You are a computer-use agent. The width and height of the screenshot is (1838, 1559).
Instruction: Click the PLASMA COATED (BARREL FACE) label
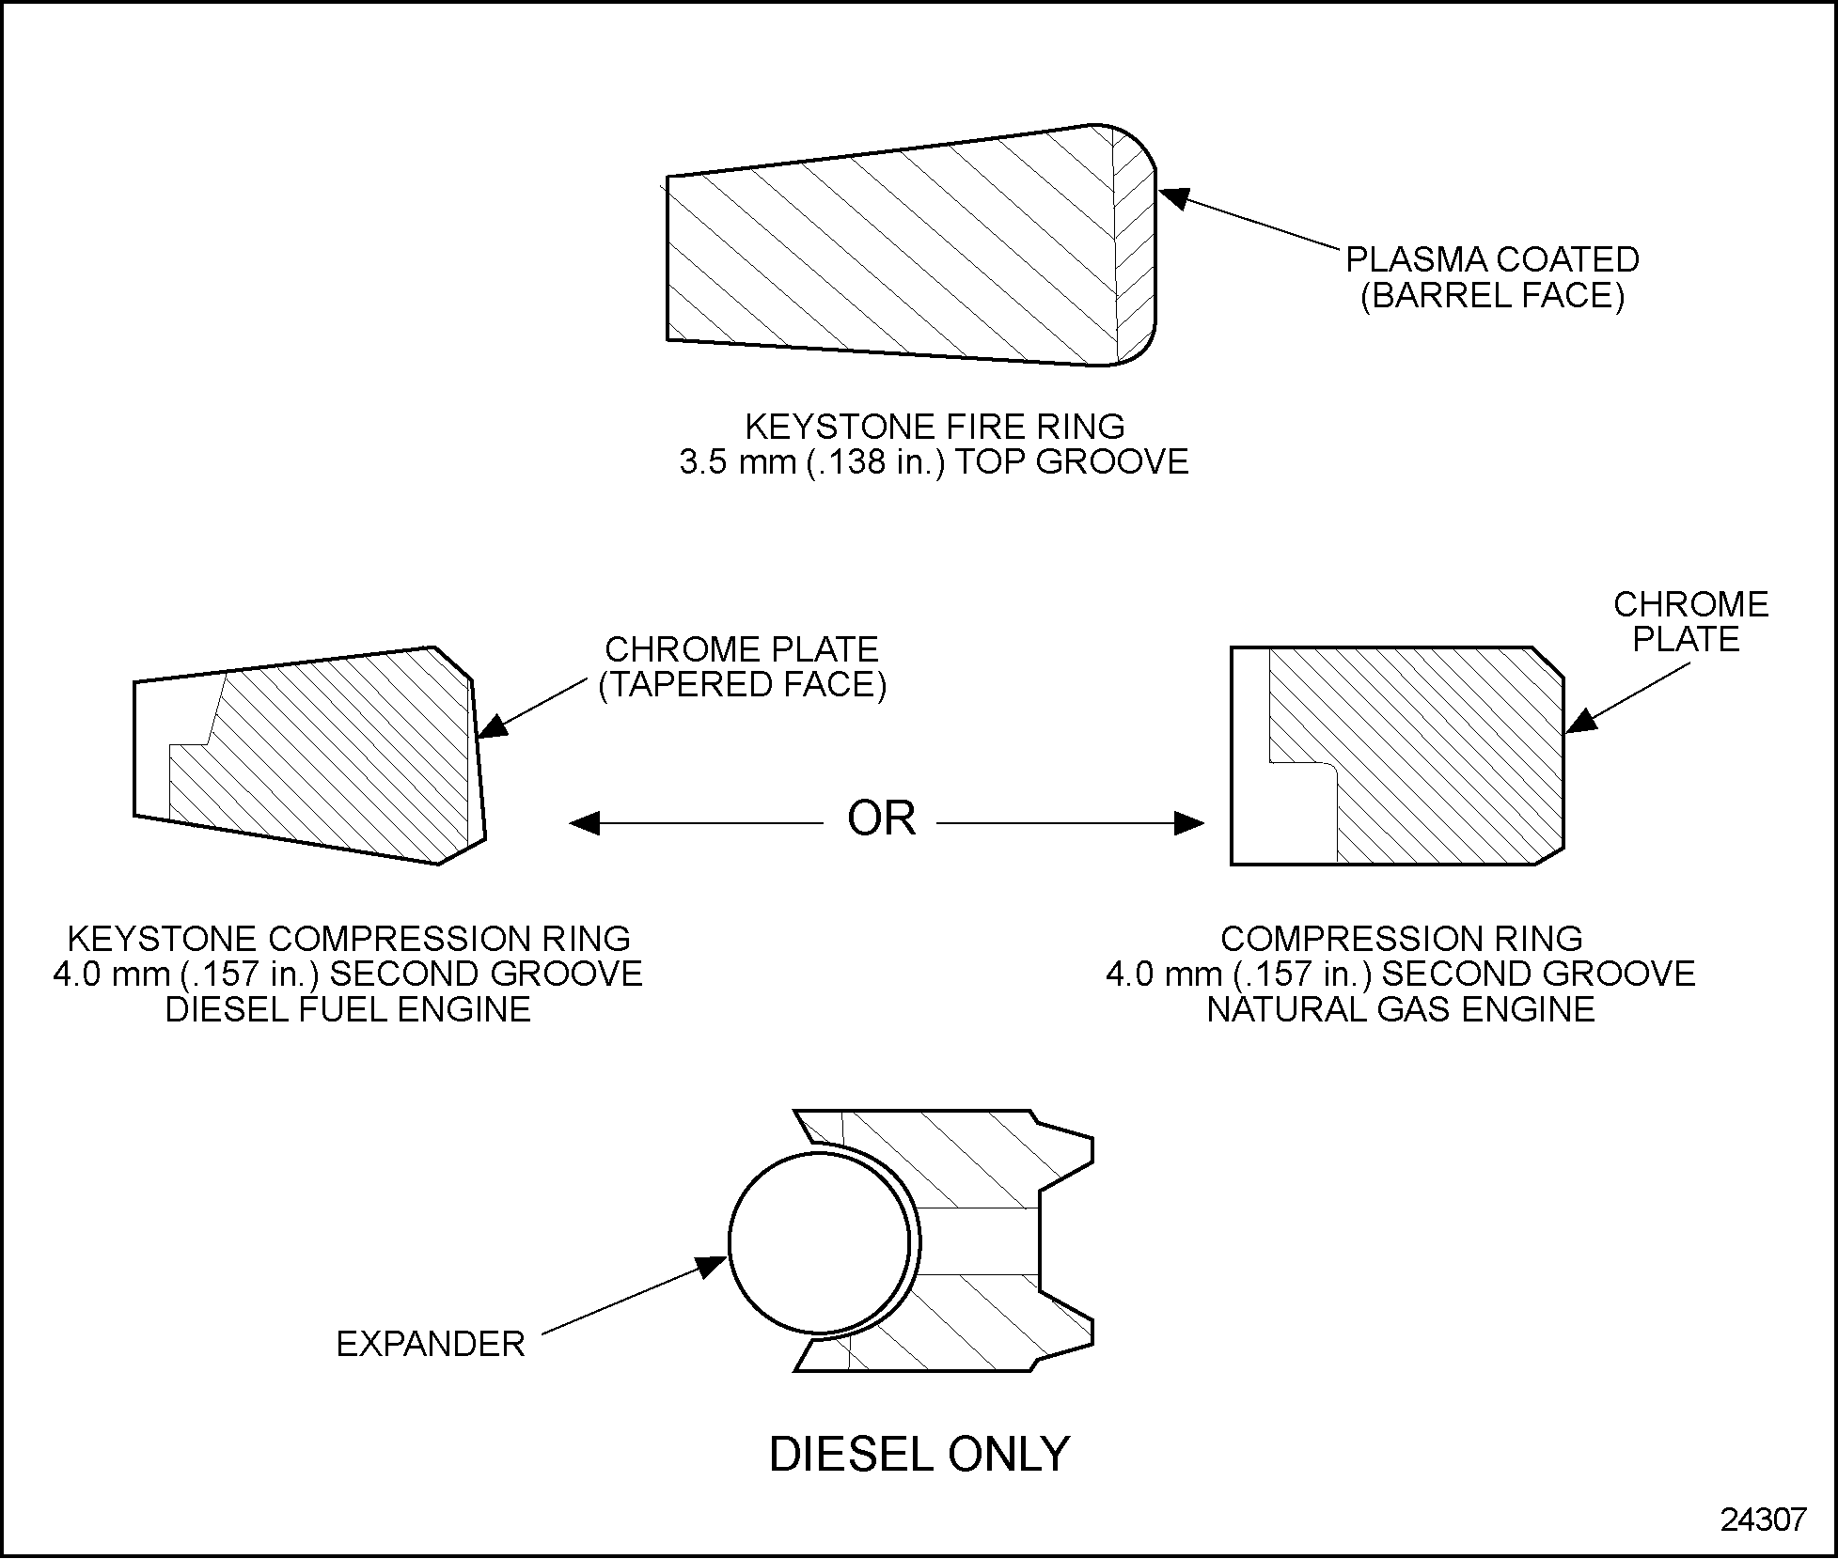[1492, 277]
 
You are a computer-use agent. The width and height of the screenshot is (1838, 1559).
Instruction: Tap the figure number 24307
[1763, 1520]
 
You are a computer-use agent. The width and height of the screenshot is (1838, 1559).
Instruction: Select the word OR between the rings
[881, 819]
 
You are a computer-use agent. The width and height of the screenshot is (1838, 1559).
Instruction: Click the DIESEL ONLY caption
[919, 1455]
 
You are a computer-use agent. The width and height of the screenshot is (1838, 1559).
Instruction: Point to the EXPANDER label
[430, 1344]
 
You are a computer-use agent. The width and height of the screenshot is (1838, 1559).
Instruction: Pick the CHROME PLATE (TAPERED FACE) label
[742, 666]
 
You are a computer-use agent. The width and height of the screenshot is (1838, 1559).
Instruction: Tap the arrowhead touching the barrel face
[1172, 196]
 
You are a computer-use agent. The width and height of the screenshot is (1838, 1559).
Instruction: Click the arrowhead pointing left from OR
[584, 823]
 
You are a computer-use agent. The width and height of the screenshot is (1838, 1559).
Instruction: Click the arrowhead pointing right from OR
[1190, 823]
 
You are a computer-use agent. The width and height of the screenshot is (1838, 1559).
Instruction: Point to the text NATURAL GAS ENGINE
[1401, 1009]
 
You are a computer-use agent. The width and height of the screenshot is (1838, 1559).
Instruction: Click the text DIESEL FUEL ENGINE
[348, 1009]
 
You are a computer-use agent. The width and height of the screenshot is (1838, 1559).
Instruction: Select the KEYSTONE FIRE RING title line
[935, 427]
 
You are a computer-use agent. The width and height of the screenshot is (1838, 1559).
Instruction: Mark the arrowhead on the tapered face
[493, 725]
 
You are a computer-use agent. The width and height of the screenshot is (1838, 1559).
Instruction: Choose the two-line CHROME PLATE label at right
[1690, 621]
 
